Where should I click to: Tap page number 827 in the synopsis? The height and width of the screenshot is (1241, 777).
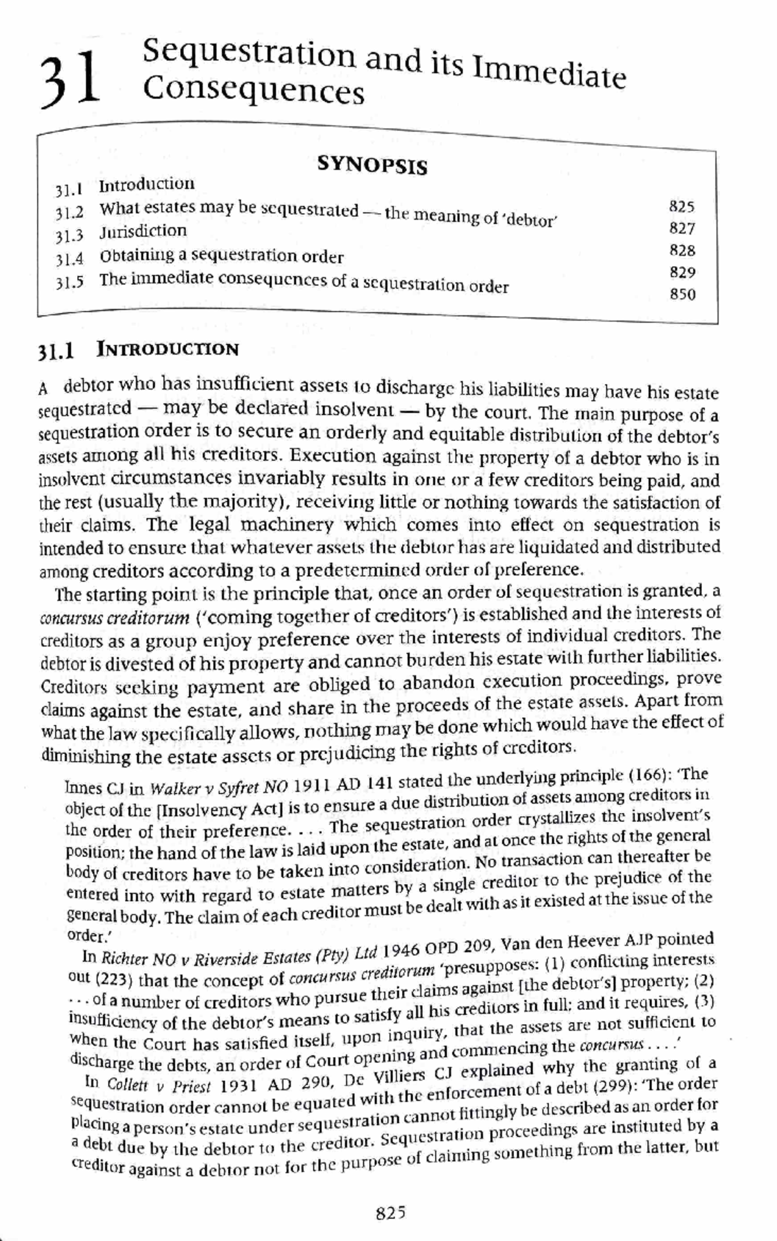tap(682, 228)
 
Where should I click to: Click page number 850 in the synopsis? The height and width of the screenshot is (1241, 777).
tap(683, 294)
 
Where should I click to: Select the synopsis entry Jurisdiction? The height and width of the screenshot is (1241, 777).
tap(142, 231)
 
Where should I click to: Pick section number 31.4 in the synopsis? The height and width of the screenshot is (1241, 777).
tap(69, 259)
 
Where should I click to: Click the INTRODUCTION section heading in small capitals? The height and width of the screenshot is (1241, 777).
tap(168, 350)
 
